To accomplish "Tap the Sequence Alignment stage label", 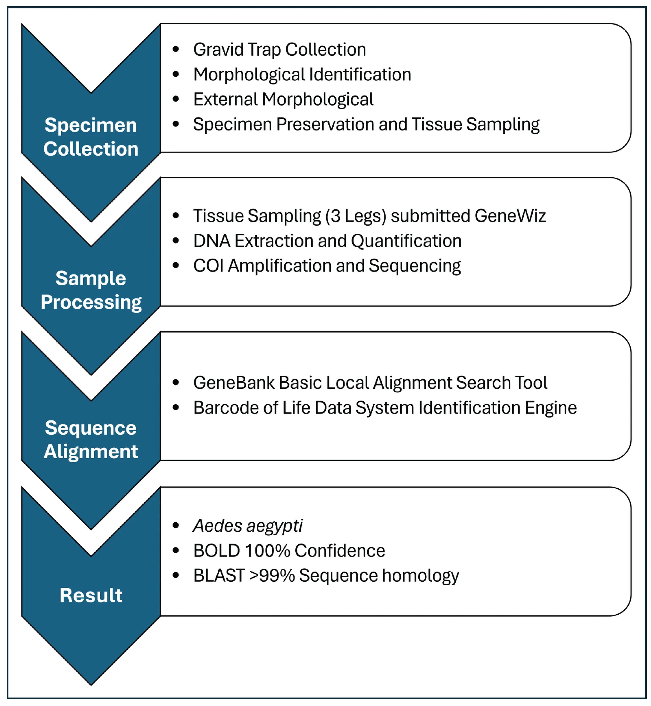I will pyautogui.click(x=91, y=440).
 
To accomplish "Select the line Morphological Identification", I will pyautogui.click(x=302, y=75).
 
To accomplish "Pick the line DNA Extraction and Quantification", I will pyautogui.click(x=327, y=241).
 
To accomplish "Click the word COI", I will pyautogui.click(x=209, y=266).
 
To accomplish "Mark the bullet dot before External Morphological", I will pyautogui.click(x=176, y=99).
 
